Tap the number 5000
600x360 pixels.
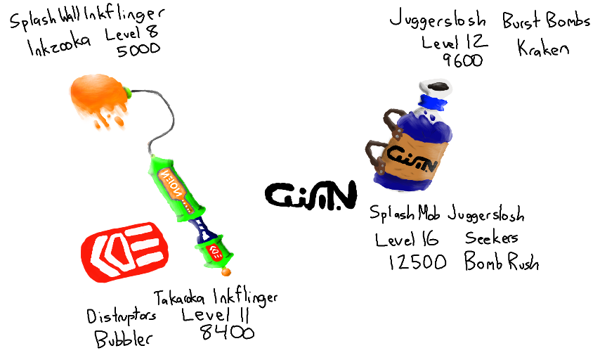138,49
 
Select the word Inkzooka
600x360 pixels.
59,48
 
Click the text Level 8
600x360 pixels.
131,33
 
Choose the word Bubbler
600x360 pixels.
124,339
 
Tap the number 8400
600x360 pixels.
226,332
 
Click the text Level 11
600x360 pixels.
216,314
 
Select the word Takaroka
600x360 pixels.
184,297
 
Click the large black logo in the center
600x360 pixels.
311,193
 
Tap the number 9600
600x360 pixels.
463,60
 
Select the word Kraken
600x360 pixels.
542,48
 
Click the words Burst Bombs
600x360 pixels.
547,21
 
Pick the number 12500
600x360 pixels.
417,262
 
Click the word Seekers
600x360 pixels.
492,238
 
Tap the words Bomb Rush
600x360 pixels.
502,262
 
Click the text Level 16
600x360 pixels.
407,239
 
